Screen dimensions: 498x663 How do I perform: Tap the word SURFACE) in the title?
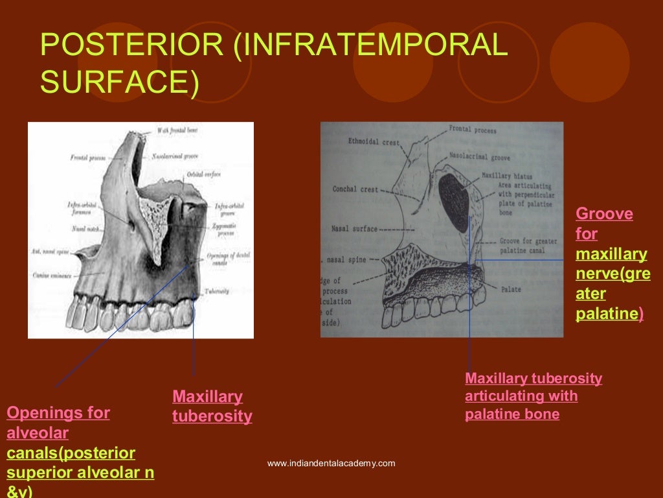pyautogui.click(x=120, y=82)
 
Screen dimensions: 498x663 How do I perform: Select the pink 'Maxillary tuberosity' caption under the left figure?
pyautogui.click(x=212, y=407)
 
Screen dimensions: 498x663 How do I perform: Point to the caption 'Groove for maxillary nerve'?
pyautogui.click(x=611, y=264)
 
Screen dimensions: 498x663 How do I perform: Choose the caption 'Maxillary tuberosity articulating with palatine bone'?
pyautogui.click(x=534, y=396)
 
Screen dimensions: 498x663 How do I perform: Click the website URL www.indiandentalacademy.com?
pyautogui.click(x=331, y=463)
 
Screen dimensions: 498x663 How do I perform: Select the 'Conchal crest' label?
pyautogui.click(x=355, y=190)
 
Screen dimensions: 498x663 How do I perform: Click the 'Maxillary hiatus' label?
pyautogui.click(x=507, y=176)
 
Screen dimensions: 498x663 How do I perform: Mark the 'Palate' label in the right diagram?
pyautogui.click(x=510, y=288)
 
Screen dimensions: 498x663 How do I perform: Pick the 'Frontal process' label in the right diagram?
pyautogui.click(x=473, y=130)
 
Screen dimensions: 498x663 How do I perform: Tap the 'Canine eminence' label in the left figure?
pyautogui.click(x=51, y=276)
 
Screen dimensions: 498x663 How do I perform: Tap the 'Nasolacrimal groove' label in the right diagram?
pyautogui.click(x=480, y=158)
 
